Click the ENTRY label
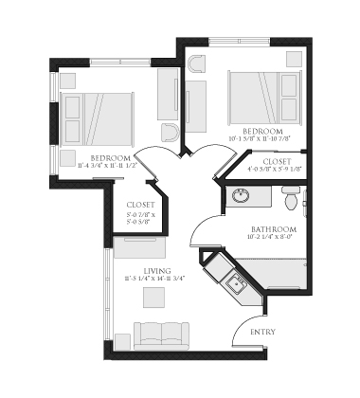pyautogui.click(x=262, y=333)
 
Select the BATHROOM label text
pyautogui.click(x=274, y=230)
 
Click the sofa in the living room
pyautogui.click(x=164, y=335)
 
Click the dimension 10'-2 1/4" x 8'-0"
pyautogui.click(x=274, y=240)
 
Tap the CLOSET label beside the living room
pyautogui.click(x=140, y=205)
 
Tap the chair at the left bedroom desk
pyautogui.click(x=170, y=131)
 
